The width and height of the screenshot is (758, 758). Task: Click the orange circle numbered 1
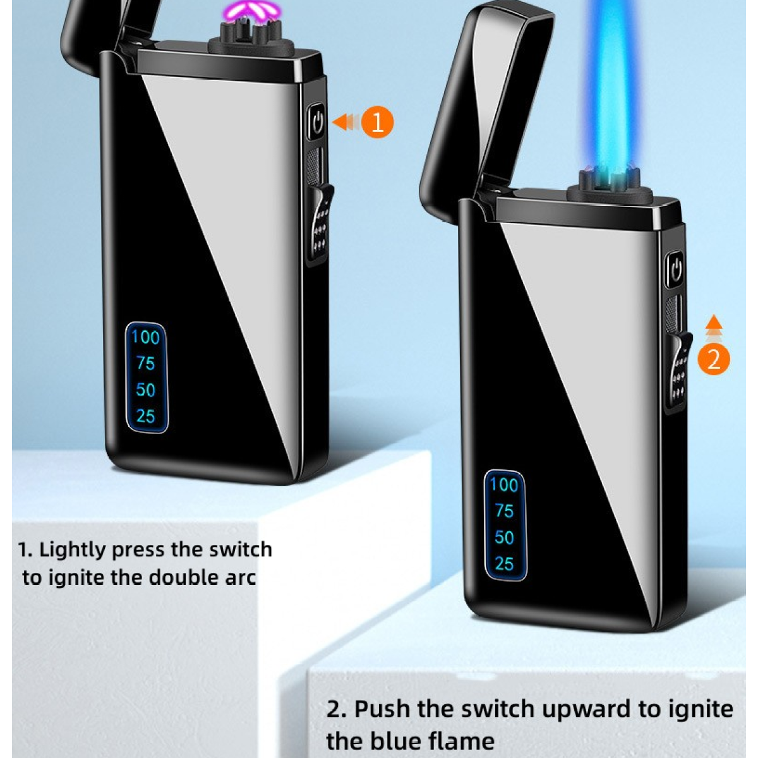click(x=377, y=123)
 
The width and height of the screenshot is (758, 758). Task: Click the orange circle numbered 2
click(x=713, y=359)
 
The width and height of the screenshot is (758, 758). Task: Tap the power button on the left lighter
click(x=316, y=121)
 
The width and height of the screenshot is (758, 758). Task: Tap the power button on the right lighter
click(x=675, y=270)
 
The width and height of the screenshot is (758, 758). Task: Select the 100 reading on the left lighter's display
click(x=145, y=338)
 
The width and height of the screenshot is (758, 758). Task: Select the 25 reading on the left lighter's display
click(x=146, y=416)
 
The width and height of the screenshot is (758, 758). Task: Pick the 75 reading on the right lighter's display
click(x=504, y=511)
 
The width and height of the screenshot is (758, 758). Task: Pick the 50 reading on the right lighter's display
click(x=504, y=538)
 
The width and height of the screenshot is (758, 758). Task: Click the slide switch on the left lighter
click(x=320, y=224)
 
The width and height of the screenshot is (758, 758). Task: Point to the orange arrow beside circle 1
click(x=346, y=122)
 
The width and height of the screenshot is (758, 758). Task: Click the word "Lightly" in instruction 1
click(x=73, y=550)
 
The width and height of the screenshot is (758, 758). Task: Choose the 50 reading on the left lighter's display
click(x=145, y=390)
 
